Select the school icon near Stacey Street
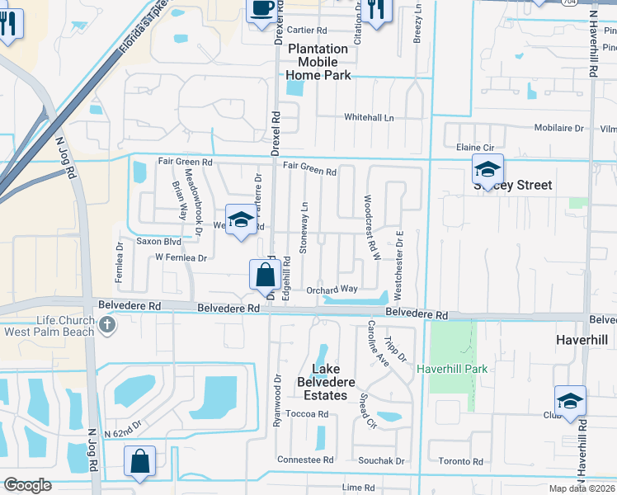[487, 171]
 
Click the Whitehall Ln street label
[369, 118]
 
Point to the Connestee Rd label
[305, 460]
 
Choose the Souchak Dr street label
[381, 460]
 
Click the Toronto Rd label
[460, 461]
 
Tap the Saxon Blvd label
[158, 242]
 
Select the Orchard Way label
[332, 290]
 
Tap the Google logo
[27, 485]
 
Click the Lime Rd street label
[358, 488]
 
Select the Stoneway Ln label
[305, 227]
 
